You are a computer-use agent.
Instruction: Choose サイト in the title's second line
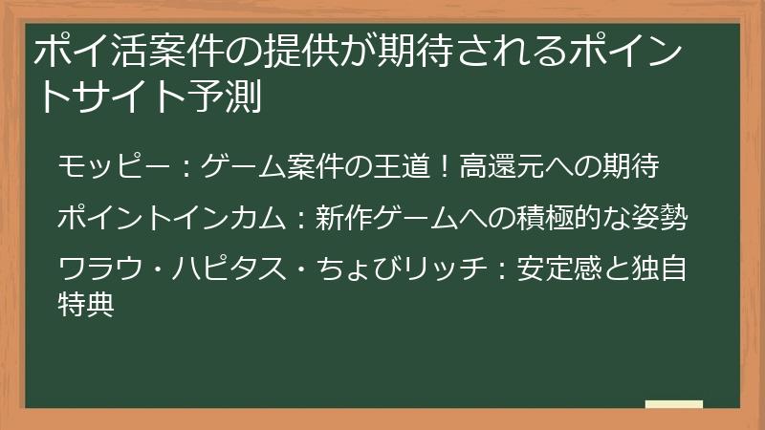point(129,97)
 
